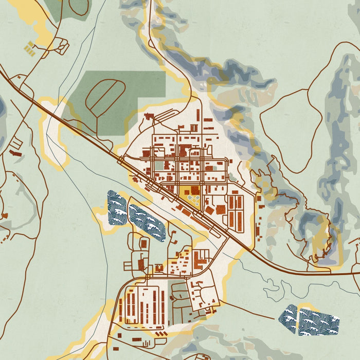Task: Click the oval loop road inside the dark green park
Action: click(x=105, y=97)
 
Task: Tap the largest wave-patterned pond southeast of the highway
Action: click(x=319, y=321)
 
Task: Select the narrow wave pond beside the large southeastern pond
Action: click(x=290, y=319)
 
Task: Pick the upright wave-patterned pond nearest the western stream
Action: click(x=117, y=208)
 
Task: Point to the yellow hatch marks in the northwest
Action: click(x=29, y=49)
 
